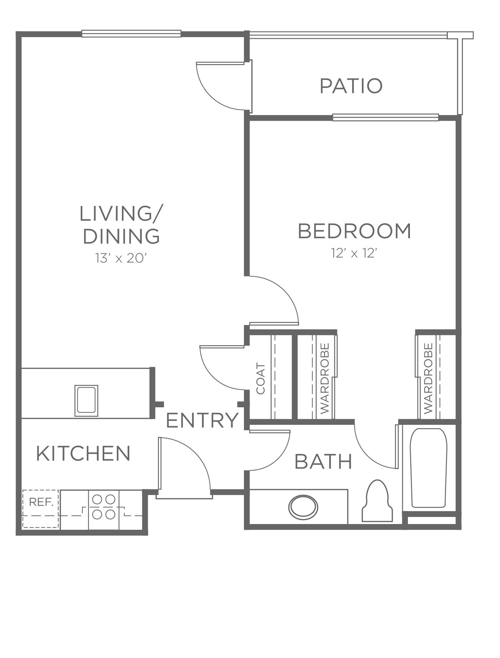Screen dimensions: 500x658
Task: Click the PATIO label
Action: coord(351,86)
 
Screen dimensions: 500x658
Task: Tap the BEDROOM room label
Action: coord(355,231)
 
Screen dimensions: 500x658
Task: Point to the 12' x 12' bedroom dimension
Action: coord(354,253)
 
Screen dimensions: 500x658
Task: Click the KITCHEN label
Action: coord(83,453)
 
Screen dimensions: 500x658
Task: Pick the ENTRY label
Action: coord(202,420)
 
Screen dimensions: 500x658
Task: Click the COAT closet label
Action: coord(261,378)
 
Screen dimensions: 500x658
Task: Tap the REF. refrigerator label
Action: coord(41,502)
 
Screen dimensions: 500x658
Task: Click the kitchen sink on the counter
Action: coord(86,401)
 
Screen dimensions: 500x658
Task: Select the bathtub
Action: coord(428,468)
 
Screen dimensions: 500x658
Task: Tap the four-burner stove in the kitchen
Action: coord(104,506)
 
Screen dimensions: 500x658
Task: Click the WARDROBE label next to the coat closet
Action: coord(324,378)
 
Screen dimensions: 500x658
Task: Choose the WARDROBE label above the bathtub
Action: coord(428,378)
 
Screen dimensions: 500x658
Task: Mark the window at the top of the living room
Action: coord(131,33)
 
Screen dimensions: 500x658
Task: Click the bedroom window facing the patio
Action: coord(385,117)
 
